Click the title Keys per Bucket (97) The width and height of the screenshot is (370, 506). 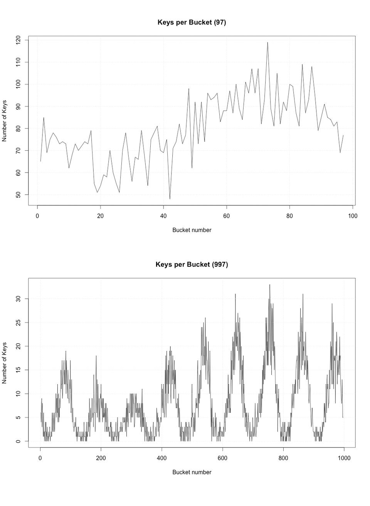tap(192, 22)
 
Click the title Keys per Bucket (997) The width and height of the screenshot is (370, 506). tap(192, 264)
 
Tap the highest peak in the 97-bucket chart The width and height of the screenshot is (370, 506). tap(267, 43)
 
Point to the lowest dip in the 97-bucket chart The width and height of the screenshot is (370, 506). tap(170, 198)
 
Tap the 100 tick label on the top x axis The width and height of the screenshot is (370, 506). tap(353, 216)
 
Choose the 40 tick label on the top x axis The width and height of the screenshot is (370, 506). tap(163, 216)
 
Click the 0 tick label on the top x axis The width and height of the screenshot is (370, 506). tap(37, 216)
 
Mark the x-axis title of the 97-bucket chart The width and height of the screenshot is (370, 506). tap(192, 230)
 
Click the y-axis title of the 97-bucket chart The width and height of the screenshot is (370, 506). tap(5, 121)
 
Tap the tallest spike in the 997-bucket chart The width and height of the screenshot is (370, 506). tap(270, 285)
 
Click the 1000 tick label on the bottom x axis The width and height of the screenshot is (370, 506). tap(344, 458)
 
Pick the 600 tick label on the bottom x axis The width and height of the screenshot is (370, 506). tap(222, 458)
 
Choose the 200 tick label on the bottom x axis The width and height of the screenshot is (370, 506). tap(101, 458)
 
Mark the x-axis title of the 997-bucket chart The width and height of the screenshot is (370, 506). tap(192, 472)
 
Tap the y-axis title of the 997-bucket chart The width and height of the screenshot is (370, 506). tap(5, 363)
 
